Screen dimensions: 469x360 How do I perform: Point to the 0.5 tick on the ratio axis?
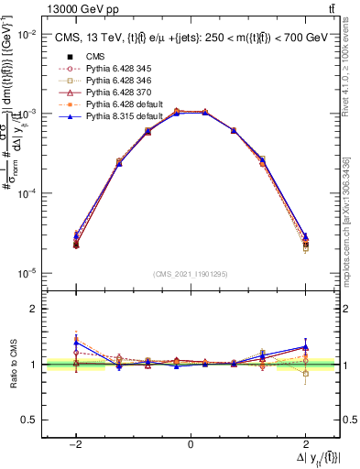(x=30, y=420)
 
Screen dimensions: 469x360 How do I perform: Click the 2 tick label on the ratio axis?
(x=35, y=309)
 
